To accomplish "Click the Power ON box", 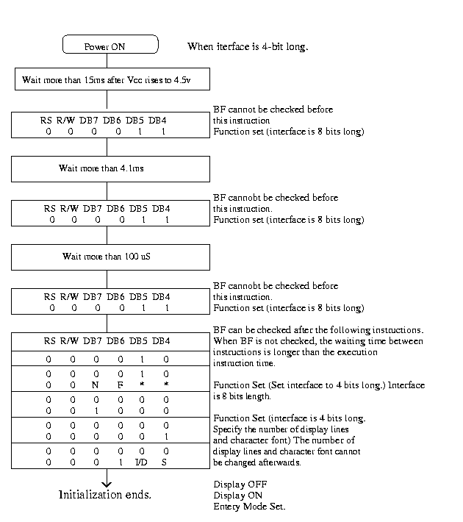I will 110,45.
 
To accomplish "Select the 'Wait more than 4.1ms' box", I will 110,168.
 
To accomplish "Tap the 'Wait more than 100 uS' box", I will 110,257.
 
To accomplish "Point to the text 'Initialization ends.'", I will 105,495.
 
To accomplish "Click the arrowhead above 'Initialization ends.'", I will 107,482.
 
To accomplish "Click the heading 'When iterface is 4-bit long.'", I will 248,46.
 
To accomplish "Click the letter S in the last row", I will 166,461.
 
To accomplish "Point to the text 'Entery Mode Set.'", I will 249,507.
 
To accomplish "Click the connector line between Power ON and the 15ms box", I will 107,60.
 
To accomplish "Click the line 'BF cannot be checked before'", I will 273,110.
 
